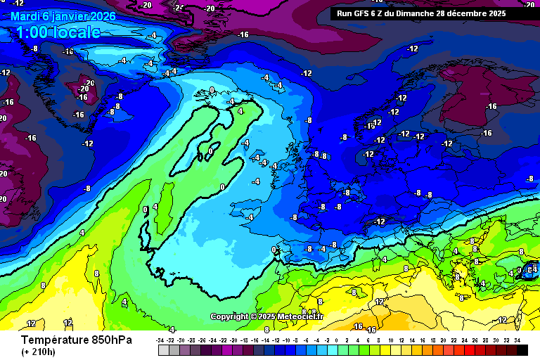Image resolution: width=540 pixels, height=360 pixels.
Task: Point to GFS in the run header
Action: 365,13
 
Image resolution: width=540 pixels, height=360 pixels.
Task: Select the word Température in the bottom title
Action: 56,340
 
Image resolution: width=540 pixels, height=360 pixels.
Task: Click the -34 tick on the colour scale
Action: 161,340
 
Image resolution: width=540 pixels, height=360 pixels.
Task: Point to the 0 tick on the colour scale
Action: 337,340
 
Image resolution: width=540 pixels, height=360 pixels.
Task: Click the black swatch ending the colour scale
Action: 522,349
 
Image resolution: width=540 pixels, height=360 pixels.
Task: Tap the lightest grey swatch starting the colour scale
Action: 164,349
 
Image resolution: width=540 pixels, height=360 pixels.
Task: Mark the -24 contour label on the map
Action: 180,8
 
